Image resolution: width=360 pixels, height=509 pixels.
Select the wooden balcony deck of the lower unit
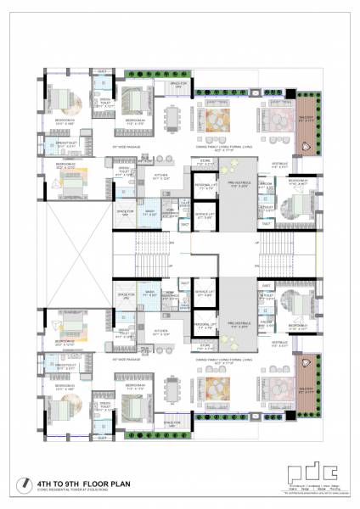tap(306, 373)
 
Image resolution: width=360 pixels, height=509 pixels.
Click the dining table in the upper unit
tap(173, 116)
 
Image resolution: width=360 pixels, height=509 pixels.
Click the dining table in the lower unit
tap(173, 391)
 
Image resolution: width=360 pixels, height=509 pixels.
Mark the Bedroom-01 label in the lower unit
tap(296, 325)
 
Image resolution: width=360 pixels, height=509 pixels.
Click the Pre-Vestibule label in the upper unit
tap(237, 184)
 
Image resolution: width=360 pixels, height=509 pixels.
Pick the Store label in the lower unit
tap(204, 345)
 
